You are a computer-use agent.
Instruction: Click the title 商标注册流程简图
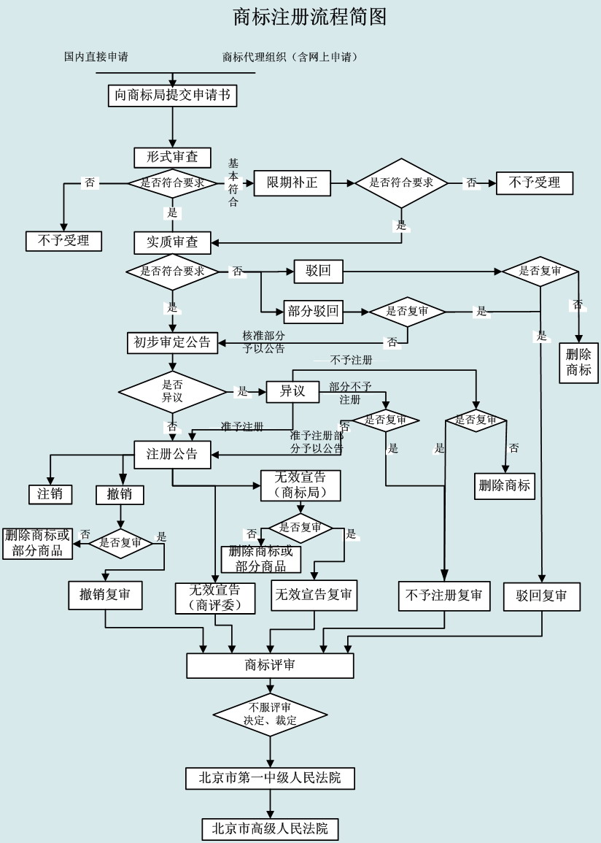pyautogui.click(x=309, y=17)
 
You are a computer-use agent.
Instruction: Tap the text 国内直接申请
pyautogui.click(x=96, y=57)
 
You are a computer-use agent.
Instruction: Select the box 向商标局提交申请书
pyautogui.click(x=172, y=95)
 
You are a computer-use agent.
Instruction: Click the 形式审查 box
pyautogui.click(x=172, y=158)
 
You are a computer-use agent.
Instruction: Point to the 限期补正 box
pyautogui.click(x=292, y=182)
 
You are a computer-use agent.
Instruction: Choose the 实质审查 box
pyautogui.click(x=172, y=242)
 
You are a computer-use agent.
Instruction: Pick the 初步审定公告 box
pyautogui.click(x=172, y=342)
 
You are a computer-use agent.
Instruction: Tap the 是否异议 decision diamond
pyautogui.click(x=172, y=392)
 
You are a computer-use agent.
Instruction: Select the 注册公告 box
pyautogui.click(x=172, y=454)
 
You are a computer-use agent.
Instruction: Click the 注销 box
pyautogui.click(x=50, y=494)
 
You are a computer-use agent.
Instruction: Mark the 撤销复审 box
pyautogui.click(x=105, y=596)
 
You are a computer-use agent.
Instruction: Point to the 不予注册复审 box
pyautogui.click(x=444, y=596)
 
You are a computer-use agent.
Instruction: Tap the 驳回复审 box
pyautogui.click(x=541, y=596)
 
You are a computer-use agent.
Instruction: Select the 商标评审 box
pyautogui.click(x=270, y=666)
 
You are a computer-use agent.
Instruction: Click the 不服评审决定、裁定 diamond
pyautogui.click(x=270, y=714)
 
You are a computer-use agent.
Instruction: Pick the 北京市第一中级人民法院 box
pyautogui.click(x=270, y=778)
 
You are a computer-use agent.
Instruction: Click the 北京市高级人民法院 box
pyautogui.click(x=270, y=829)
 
